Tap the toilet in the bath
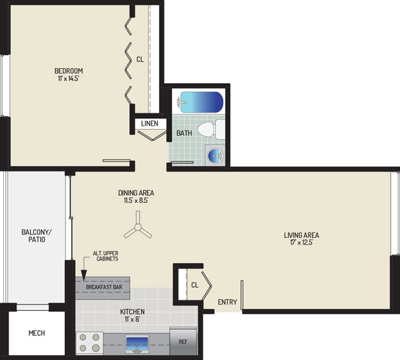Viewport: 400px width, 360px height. pos(211,130)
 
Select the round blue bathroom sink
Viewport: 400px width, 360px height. pos(215,155)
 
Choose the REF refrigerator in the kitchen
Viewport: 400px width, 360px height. pos(183,342)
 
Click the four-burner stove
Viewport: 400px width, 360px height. pos(89,342)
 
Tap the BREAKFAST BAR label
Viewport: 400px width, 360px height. pos(104,287)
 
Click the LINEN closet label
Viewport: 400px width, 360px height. pos(149,124)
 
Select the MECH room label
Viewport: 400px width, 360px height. pos(37,333)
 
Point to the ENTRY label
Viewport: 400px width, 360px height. pos(227,302)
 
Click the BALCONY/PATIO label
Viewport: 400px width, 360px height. pos(37,236)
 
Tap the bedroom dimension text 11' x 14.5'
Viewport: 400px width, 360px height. pos(68,79)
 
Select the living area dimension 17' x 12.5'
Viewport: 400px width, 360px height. pos(301,242)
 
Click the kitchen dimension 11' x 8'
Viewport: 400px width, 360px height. pos(132,319)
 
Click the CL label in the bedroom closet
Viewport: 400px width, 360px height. pos(140,60)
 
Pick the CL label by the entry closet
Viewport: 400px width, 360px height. pos(194,285)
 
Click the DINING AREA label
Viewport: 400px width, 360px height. pos(136,193)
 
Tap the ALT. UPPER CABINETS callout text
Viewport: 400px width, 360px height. pos(105,256)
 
